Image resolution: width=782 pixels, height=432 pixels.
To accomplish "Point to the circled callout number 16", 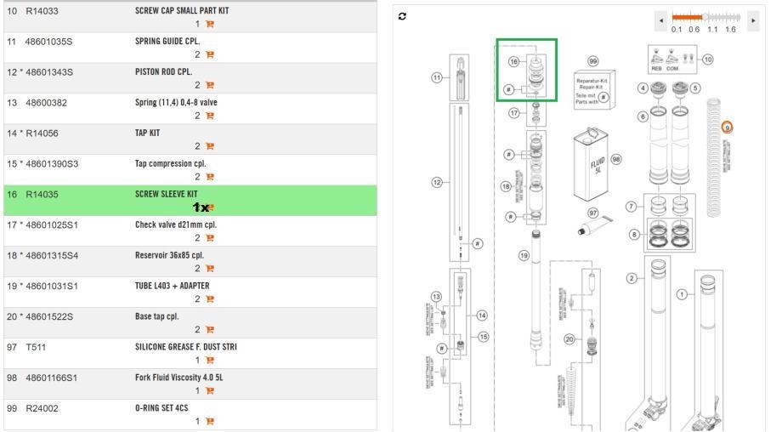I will coord(513,61).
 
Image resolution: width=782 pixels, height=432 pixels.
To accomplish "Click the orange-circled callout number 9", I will coord(728,127).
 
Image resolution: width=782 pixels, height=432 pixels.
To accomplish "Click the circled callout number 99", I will coord(593,61).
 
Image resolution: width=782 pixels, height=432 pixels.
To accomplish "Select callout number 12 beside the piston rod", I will coord(438,184).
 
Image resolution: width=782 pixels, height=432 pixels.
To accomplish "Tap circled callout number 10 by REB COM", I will coord(707,60).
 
